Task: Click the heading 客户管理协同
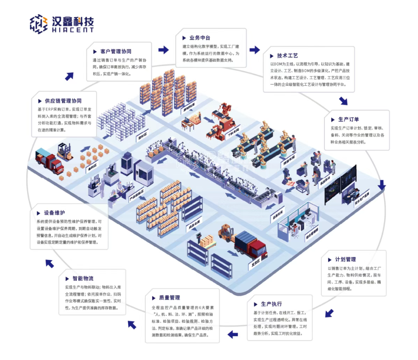(x=116, y=52)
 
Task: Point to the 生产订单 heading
(x=348, y=120)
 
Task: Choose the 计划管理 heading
(x=345, y=259)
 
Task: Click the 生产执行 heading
(x=271, y=304)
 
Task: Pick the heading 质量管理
(x=169, y=298)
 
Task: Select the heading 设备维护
(x=55, y=212)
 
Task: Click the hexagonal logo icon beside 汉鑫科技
(x=39, y=24)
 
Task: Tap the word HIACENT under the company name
(x=73, y=30)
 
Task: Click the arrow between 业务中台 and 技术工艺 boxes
(x=255, y=50)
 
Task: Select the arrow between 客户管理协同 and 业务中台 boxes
(x=166, y=48)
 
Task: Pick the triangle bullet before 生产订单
(x=333, y=120)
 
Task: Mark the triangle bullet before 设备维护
(x=39, y=213)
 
